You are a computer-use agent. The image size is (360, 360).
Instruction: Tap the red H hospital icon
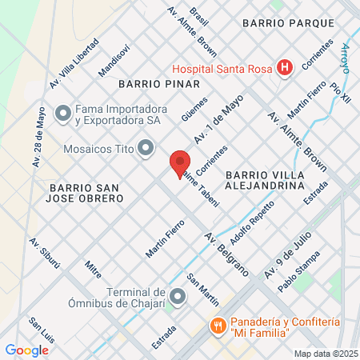coord(283,68)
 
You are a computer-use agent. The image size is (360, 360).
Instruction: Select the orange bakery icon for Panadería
coord(216,326)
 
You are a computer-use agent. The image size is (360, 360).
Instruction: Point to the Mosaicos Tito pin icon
coord(146,147)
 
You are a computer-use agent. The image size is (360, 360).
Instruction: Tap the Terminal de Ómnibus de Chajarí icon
coord(178,298)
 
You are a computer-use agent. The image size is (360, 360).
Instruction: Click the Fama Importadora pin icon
coord(62,114)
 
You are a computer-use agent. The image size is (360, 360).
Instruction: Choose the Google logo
coord(26,349)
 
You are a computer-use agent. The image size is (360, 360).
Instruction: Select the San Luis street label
coord(42,334)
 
